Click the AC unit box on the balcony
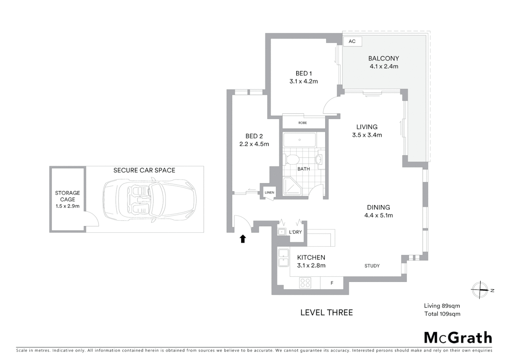(x=352, y=41)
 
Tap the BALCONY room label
(x=383, y=58)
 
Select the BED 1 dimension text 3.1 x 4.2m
(x=303, y=81)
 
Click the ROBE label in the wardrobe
(x=302, y=123)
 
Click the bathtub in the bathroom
(x=299, y=140)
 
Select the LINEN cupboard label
(x=269, y=193)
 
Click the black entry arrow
(x=243, y=238)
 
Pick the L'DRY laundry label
(x=295, y=232)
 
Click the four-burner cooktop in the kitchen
(x=305, y=283)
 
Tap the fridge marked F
(x=332, y=283)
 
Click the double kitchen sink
(x=283, y=258)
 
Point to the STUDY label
(x=372, y=266)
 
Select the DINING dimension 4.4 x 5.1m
(x=378, y=215)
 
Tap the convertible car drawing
(x=149, y=199)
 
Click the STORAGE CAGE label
(x=67, y=196)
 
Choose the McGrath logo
(x=458, y=338)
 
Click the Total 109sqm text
(x=442, y=314)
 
